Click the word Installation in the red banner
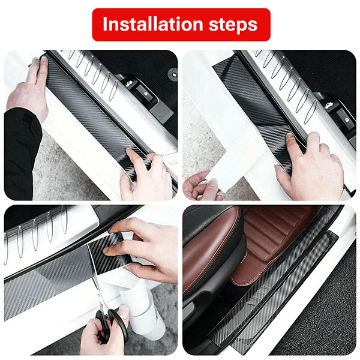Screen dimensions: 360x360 pos(152,24)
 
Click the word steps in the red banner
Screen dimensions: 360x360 pos(233,25)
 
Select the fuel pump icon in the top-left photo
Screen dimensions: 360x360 pos(145,94)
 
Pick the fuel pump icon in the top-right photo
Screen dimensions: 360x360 pos(346,119)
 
